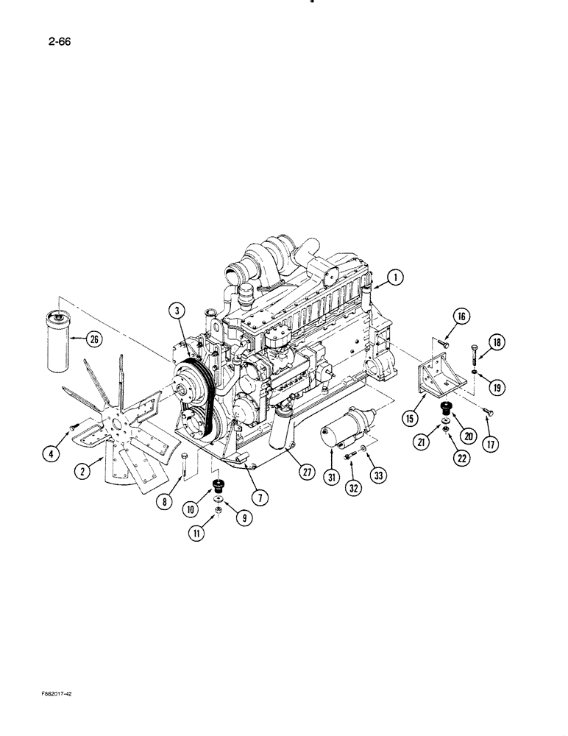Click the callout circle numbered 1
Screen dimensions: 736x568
[x=395, y=277]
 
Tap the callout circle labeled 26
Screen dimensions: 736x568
[x=93, y=339]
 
